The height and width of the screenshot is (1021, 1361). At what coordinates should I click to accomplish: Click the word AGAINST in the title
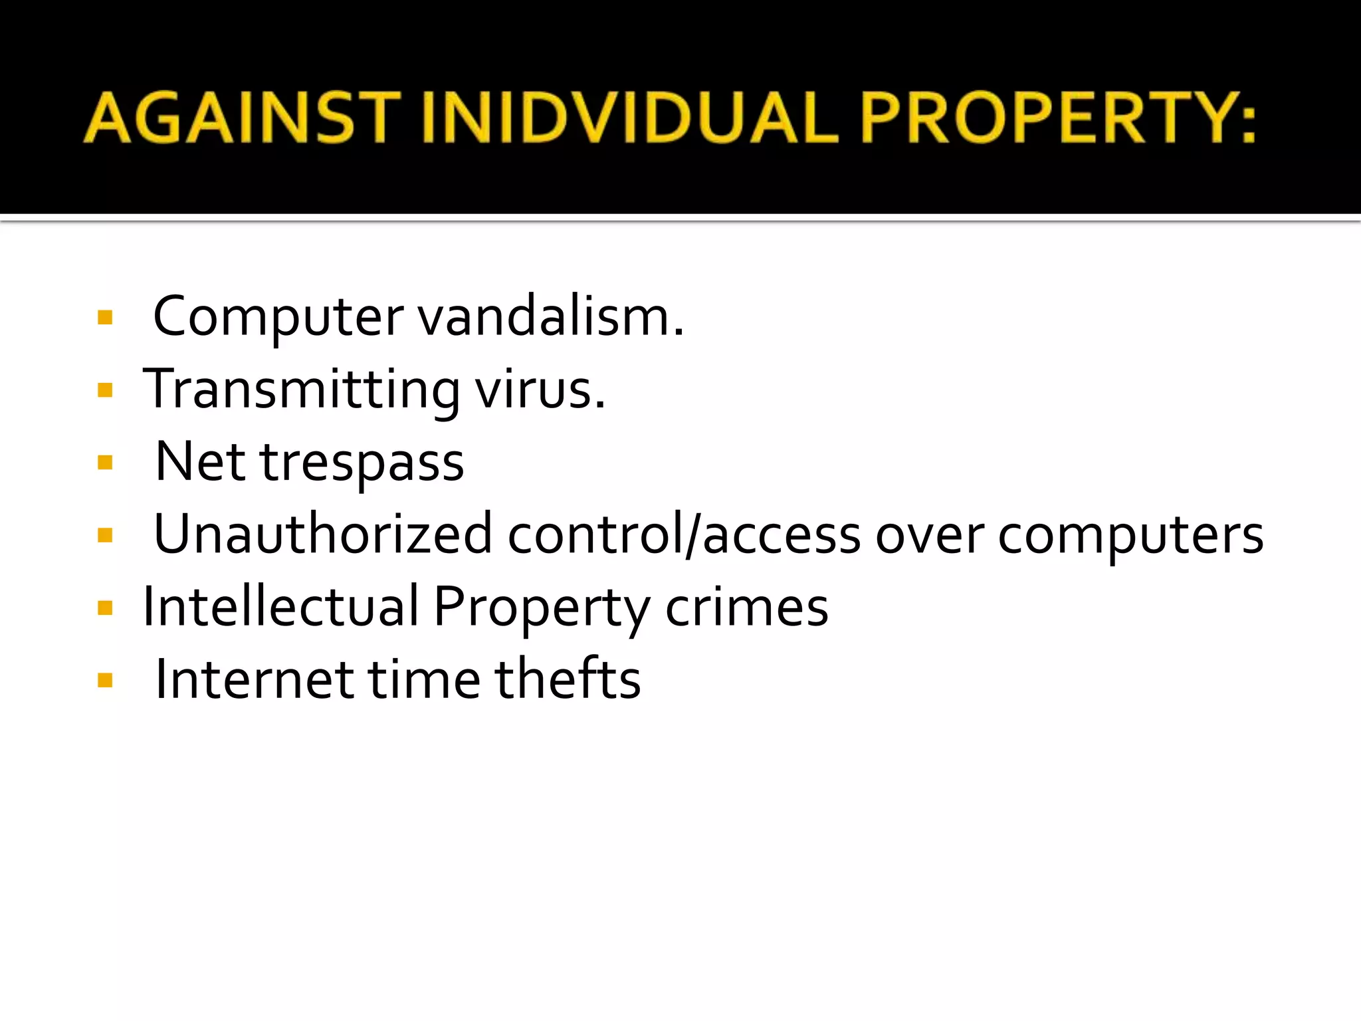[243, 118]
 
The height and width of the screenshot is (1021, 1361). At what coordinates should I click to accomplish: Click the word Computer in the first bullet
[278, 317]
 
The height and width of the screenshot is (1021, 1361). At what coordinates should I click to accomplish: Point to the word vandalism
[550, 317]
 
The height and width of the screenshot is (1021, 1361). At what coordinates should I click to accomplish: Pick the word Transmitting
[301, 390]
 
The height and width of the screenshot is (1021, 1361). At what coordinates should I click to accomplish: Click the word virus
[540, 390]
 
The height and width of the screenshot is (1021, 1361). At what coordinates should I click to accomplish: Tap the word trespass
[362, 463]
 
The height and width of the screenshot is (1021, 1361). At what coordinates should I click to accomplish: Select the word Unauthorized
[323, 534]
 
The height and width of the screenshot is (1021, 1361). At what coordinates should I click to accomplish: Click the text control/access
[684, 534]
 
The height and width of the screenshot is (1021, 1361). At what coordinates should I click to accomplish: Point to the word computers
[1130, 536]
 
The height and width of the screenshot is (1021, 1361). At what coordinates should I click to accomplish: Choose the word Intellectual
[281, 606]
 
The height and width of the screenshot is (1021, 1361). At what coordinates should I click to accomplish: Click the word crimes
[747, 608]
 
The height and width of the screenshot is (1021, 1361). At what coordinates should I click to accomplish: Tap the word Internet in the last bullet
[255, 679]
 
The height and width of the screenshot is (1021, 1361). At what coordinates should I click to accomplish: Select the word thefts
[568, 679]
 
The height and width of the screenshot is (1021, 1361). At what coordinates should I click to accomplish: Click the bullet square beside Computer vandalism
[105, 317]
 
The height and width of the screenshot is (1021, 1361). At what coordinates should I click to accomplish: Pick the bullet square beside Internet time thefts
[105, 679]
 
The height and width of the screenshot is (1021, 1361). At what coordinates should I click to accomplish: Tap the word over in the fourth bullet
[929, 536]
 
